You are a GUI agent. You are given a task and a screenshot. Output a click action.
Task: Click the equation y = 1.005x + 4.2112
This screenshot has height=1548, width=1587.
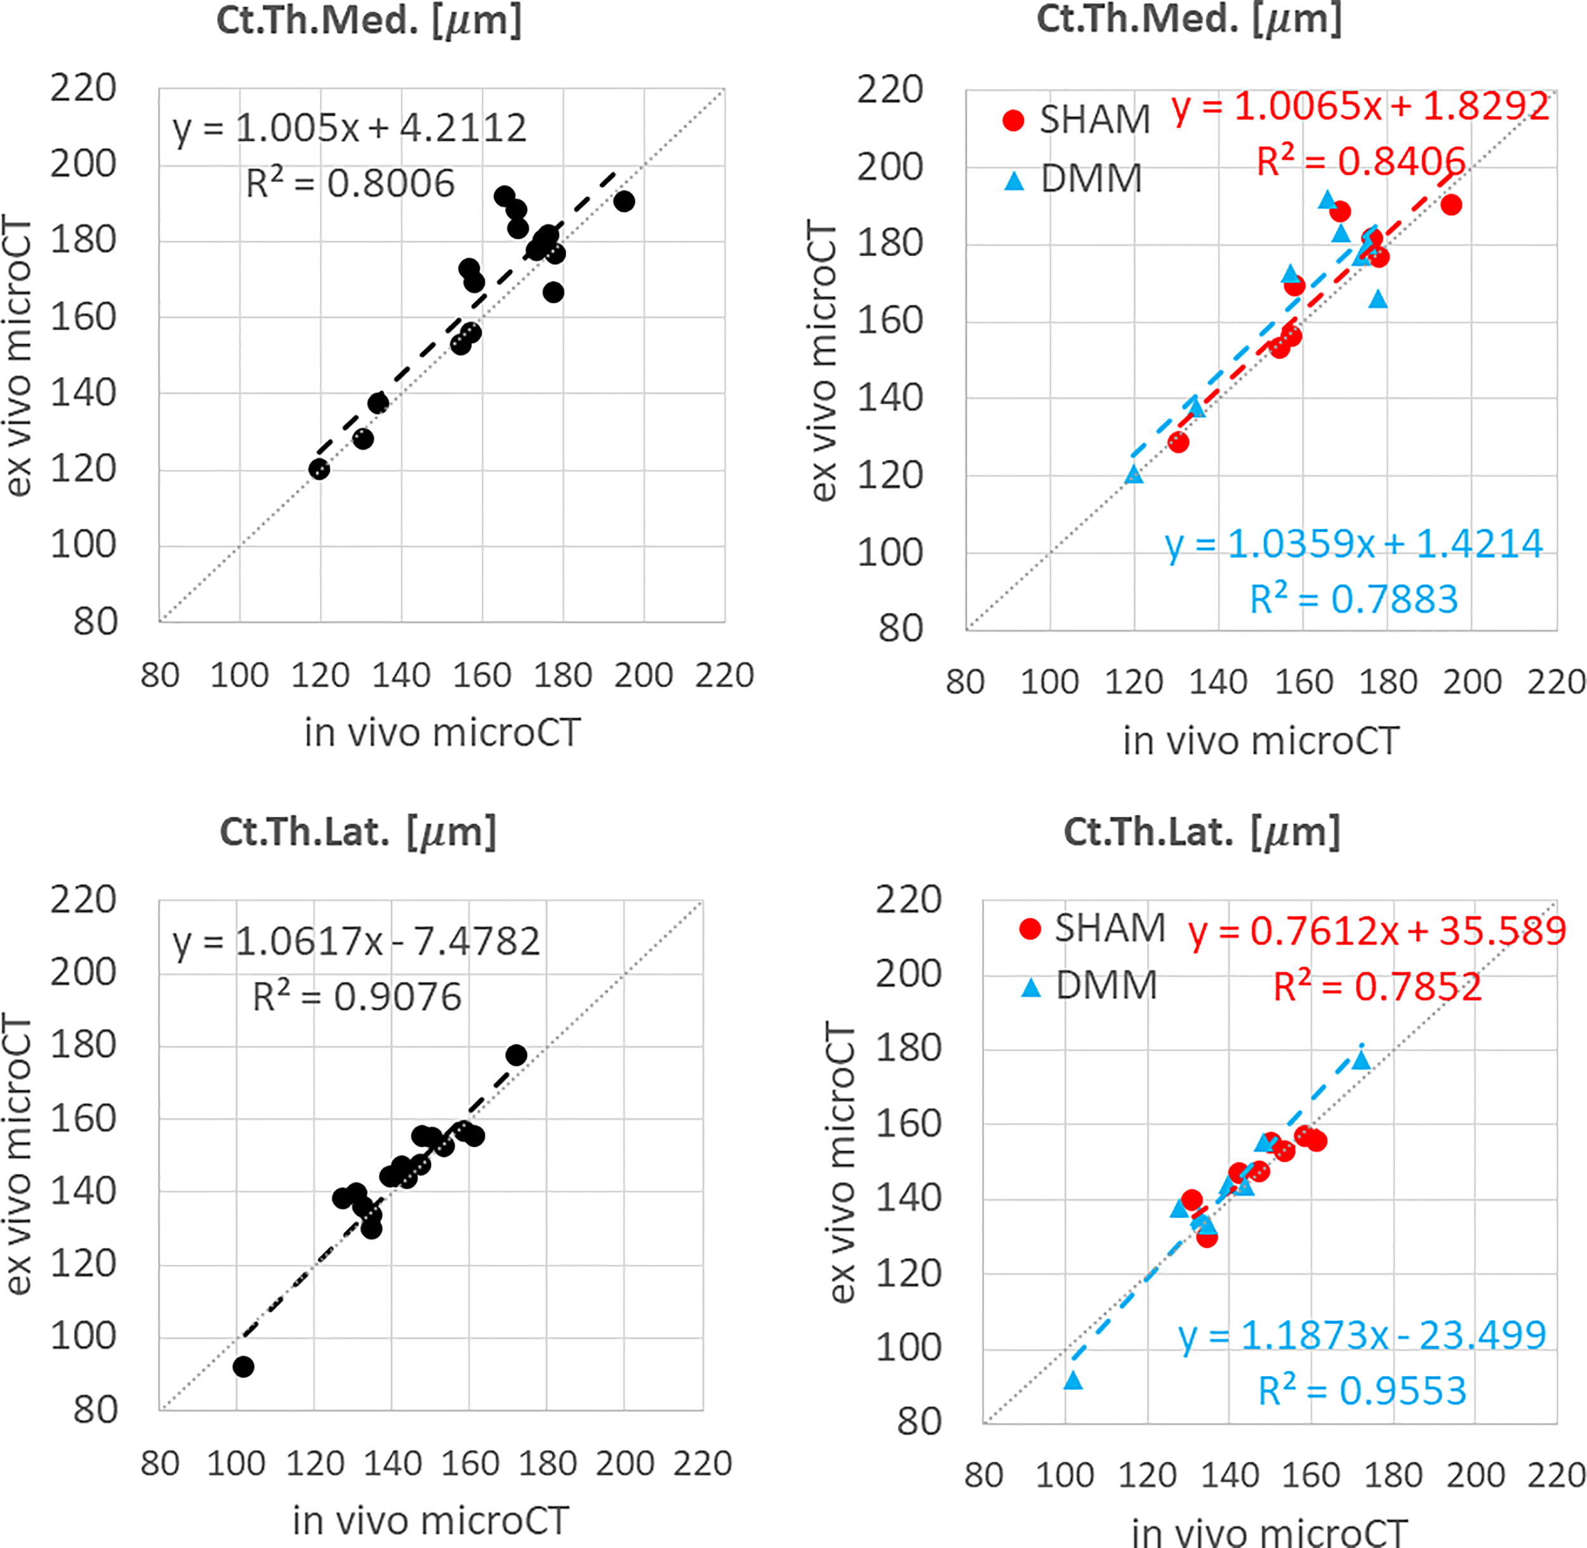pos(350,128)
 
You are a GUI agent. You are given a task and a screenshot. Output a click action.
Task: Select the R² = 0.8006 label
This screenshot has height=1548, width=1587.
pos(350,184)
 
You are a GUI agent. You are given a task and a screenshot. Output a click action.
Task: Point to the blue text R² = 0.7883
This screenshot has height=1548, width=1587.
pos(1353,600)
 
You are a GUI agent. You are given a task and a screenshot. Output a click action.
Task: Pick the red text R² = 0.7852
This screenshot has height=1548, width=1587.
pos(1378,987)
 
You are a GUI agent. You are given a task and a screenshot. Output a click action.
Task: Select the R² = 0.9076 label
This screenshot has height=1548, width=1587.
pos(357,996)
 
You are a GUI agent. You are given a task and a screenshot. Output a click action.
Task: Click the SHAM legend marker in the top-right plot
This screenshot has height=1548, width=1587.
pos(1013,121)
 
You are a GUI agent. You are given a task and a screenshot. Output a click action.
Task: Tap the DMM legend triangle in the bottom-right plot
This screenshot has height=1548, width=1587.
pos(1031,988)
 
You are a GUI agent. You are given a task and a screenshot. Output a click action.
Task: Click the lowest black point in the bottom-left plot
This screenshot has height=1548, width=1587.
pos(243,1366)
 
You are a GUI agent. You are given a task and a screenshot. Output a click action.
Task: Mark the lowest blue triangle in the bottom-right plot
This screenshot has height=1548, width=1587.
pos(1073,1380)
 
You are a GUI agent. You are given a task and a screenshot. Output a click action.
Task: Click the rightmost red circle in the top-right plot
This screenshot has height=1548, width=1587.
pos(1451,205)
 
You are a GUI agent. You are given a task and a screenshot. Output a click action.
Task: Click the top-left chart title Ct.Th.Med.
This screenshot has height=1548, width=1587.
pos(368,20)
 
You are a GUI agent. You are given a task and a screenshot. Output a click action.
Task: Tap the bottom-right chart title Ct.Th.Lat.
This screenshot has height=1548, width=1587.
pos(1202,831)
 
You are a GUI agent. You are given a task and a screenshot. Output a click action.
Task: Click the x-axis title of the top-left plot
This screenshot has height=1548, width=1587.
pos(442,732)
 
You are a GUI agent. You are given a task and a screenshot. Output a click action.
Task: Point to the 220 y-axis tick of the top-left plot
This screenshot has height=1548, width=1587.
pos(83,88)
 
